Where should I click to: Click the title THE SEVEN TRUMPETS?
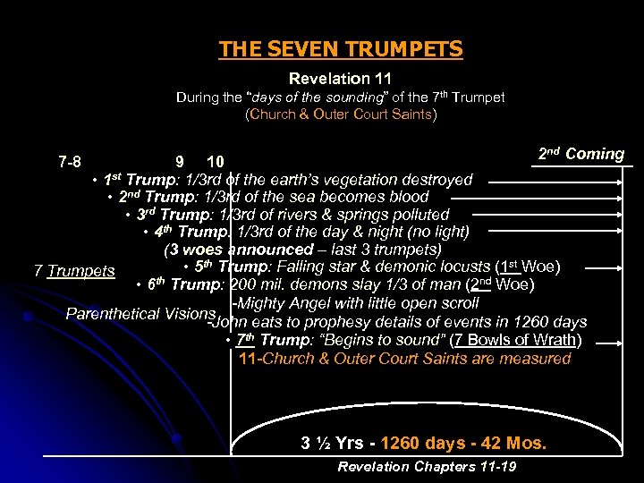341,48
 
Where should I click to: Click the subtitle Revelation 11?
340,80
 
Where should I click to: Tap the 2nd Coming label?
581,153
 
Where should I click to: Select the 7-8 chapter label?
70,162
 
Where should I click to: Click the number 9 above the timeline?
180,162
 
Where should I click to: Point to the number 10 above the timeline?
215,162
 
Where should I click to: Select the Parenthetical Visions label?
141,313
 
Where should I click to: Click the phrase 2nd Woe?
501,284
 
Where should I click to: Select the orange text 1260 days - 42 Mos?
463,443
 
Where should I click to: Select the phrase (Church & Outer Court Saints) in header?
341,114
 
